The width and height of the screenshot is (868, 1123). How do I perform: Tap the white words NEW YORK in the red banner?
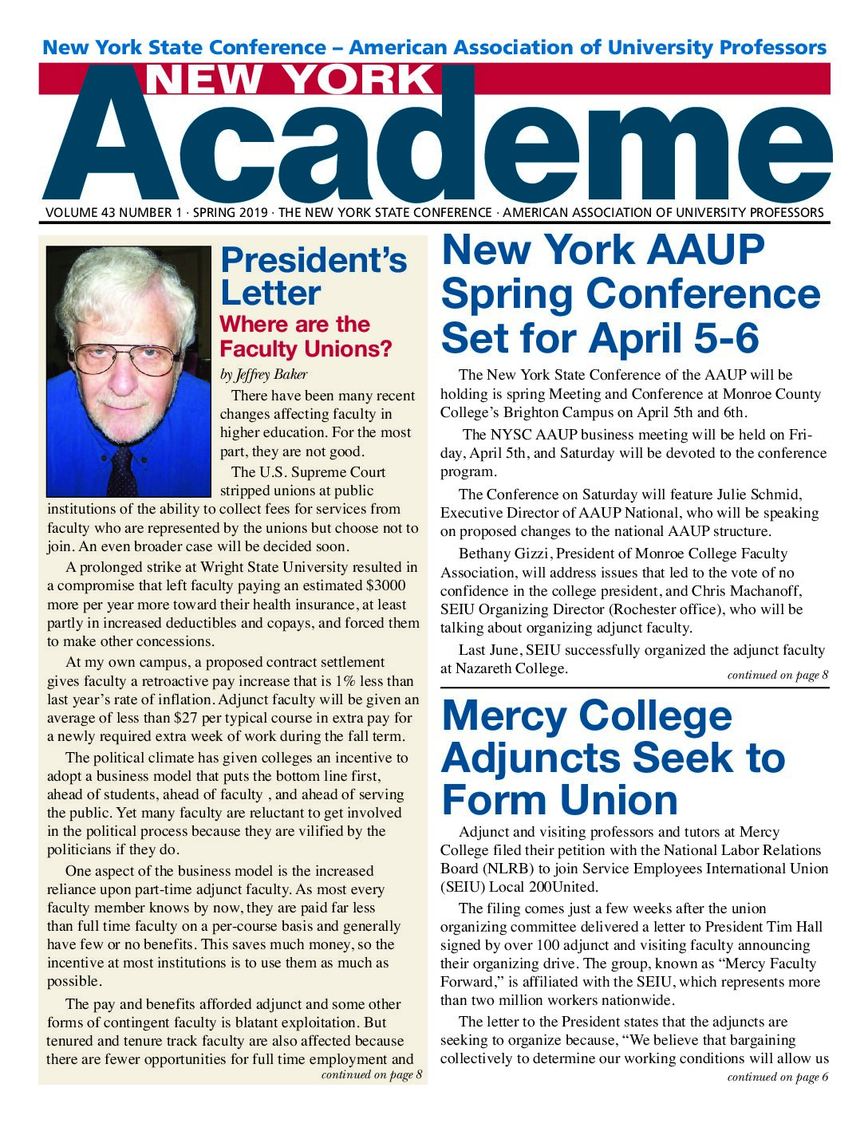[x=290, y=79]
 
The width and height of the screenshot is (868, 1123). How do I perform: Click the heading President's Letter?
[x=313, y=276]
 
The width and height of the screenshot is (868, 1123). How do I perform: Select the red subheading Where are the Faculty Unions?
[x=306, y=337]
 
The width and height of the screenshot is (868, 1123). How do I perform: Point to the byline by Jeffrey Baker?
[x=263, y=374]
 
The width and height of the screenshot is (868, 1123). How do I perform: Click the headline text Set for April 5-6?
[x=599, y=338]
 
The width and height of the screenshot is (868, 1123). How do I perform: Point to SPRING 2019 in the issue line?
[x=231, y=213]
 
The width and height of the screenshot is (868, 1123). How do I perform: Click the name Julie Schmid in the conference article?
[x=759, y=495]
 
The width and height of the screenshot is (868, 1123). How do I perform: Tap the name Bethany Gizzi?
[x=503, y=554]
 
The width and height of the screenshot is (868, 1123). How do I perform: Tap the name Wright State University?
[x=281, y=568]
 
